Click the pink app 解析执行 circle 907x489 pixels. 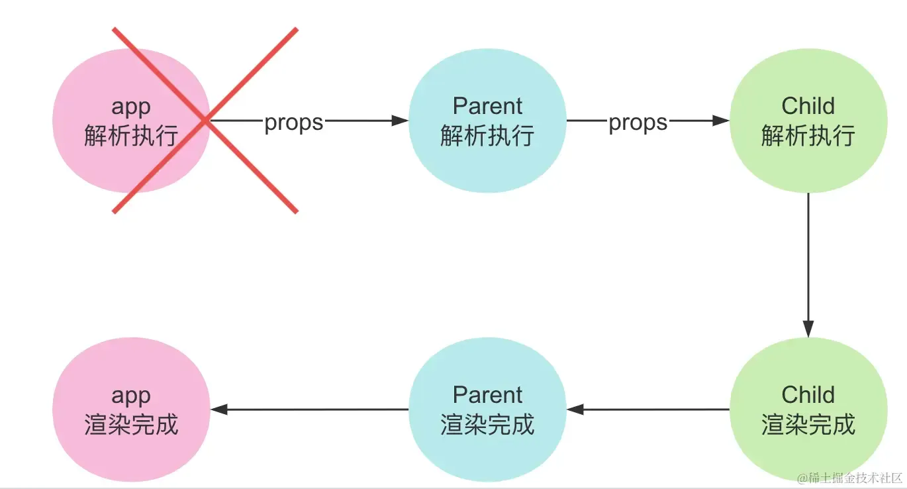[x=131, y=121]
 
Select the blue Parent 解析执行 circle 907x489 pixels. [x=487, y=121]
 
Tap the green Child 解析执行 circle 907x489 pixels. [x=808, y=121]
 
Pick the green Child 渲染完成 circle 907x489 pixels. [x=808, y=409]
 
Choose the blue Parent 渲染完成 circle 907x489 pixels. [x=487, y=409]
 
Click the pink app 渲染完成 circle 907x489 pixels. [x=131, y=409]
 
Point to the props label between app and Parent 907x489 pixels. [x=294, y=123]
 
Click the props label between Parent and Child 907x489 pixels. [x=638, y=123]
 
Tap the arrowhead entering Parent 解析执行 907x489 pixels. [x=400, y=121]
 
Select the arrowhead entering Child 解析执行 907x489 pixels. [x=721, y=121]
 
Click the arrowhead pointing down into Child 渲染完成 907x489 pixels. [x=808, y=329]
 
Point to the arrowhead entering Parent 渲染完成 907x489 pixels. [x=575, y=409]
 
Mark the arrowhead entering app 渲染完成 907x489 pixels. [x=219, y=409]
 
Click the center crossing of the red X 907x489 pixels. [x=205, y=121]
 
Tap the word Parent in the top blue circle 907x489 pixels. [x=487, y=106]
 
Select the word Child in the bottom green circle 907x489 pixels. [x=808, y=395]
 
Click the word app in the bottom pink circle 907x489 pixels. [x=131, y=397]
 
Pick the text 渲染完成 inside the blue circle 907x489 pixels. [x=487, y=425]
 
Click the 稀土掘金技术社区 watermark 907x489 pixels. [x=849, y=478]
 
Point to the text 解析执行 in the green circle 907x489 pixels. [x=808, y=135]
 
